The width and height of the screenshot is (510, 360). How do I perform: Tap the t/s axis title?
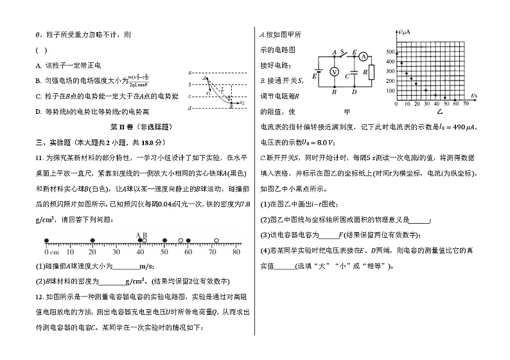(474, 96)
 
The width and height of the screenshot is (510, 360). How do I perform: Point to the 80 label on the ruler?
(236, 251)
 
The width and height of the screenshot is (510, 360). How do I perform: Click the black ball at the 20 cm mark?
(93, 242)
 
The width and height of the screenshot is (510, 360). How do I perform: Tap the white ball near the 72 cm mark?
(216, 242)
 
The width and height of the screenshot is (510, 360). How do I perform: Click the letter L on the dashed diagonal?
(222, 89)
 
